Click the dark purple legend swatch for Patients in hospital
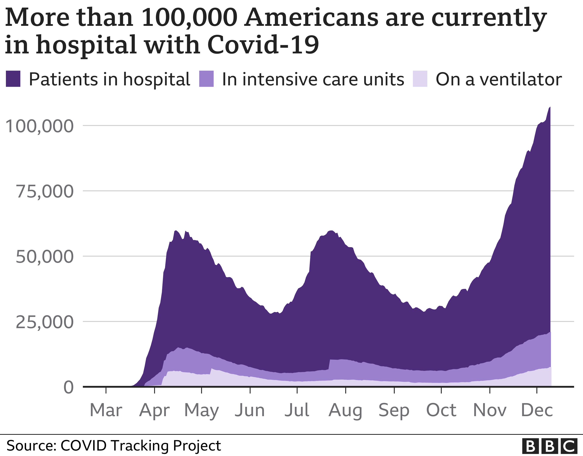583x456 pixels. [13, 79]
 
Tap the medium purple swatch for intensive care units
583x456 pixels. [206, 79]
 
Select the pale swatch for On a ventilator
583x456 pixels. [420, 79]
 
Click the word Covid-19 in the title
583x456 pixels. [263, 45]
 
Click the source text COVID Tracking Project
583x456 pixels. [141, 445]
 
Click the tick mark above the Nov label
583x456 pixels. [490, 391]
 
